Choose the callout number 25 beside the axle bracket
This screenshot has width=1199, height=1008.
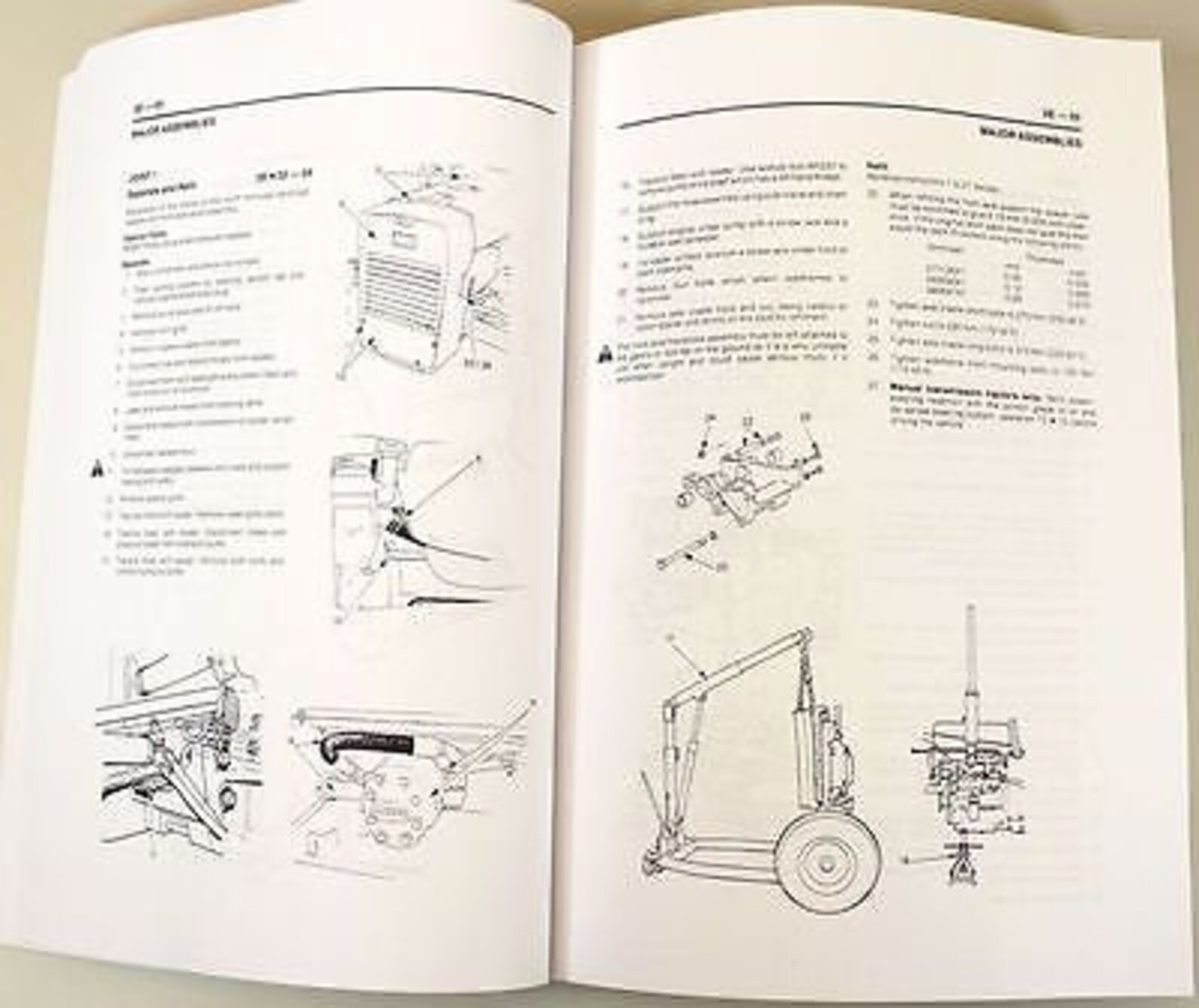pos(803,416)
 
